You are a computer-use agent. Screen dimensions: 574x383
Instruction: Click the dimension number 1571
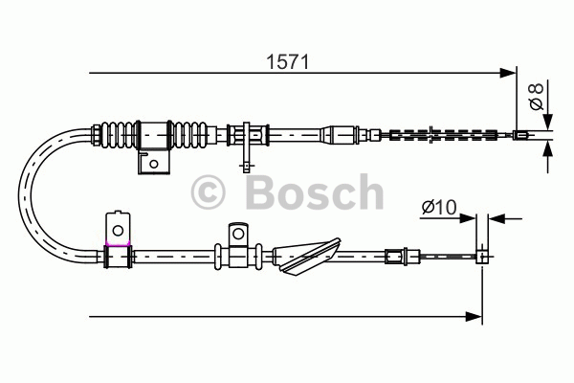point(288,61)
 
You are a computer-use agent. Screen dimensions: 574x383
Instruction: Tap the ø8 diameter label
point(537,96)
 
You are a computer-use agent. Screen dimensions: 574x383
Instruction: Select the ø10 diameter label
point(439,207)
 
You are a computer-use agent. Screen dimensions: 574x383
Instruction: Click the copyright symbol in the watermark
point(208,192)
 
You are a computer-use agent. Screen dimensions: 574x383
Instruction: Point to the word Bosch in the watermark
point(315,191)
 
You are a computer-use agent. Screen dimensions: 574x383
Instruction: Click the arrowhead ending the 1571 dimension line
point(508,73)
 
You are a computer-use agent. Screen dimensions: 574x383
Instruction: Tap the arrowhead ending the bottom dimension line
point(475,316)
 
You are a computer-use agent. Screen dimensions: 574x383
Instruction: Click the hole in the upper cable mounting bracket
point(154,164)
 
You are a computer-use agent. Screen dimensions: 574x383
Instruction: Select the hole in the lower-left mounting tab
point(118,231)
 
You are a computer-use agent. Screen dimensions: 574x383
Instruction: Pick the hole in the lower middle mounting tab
point(238,234)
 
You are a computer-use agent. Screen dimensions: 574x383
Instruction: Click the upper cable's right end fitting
point(520,135)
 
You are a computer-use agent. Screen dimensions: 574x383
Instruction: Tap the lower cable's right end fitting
point(481,257)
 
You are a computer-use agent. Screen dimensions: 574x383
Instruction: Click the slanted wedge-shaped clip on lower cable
point(307,257)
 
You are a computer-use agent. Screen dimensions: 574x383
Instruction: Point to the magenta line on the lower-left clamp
point(118,243)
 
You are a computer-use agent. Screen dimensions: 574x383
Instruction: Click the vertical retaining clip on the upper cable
point(247,146)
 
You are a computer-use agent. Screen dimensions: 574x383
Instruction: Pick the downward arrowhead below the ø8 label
point(547,120)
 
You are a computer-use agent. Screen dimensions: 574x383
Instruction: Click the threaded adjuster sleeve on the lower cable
point(394,256)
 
